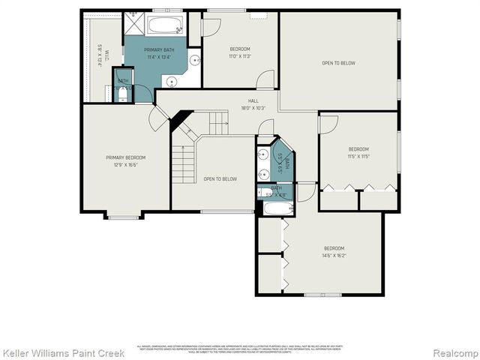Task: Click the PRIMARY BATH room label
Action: [163, 49]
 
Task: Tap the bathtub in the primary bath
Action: [164, 25]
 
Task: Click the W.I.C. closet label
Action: [100, 56]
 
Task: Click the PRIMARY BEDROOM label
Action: [125, 157]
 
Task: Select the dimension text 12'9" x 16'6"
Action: [125, 164]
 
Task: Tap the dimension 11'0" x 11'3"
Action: [241, 56]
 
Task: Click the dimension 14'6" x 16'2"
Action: [334, 256]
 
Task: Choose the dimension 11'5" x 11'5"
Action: [358, 156]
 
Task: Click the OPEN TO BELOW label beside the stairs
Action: [220, 178]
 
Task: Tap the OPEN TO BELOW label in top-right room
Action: [338, 63]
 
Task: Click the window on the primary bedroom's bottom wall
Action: [123, 217]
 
